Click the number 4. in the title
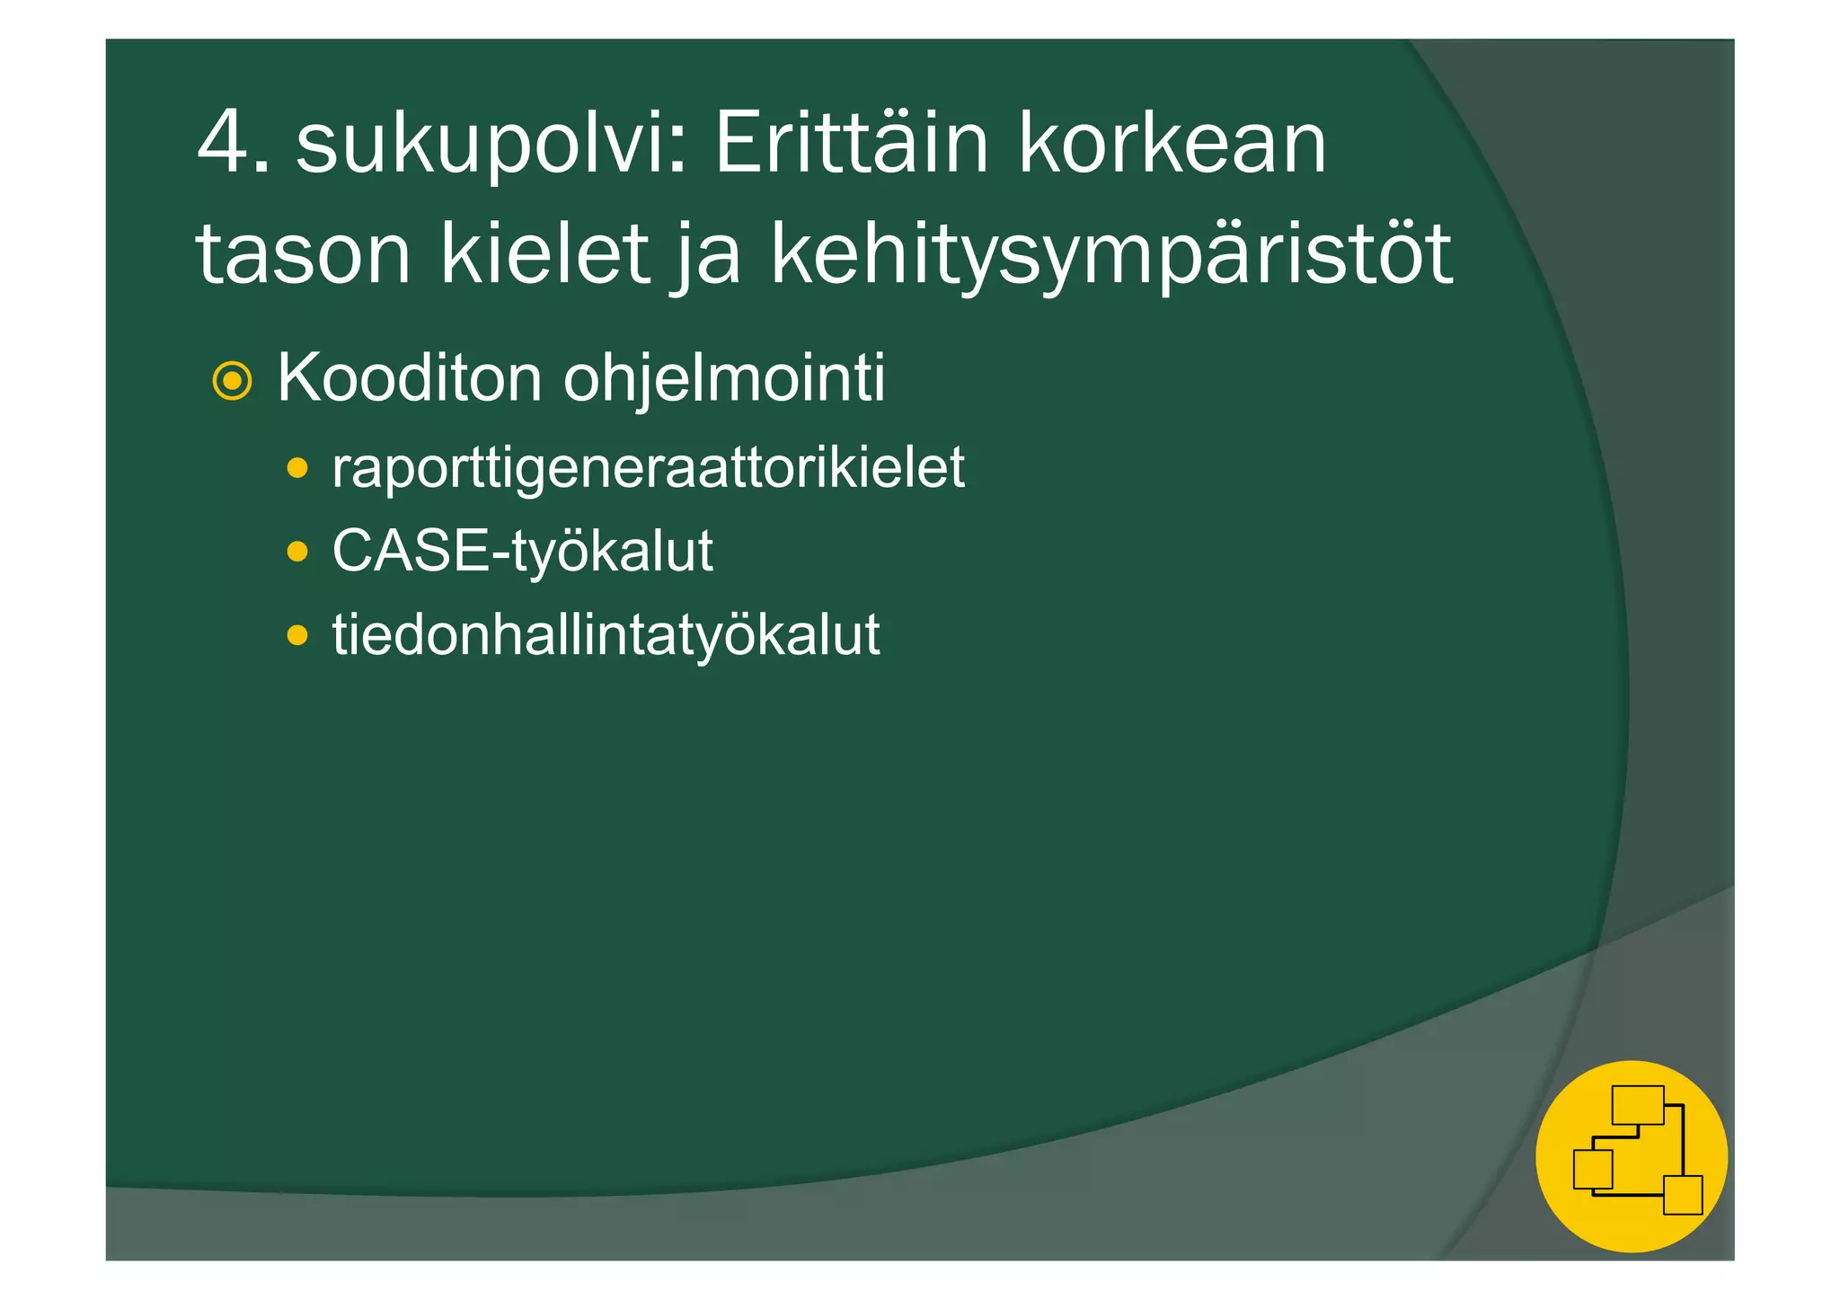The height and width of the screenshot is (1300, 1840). (232, 144)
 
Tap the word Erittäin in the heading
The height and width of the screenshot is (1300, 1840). (851, 144)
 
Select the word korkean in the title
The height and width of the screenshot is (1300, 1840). (1172, 144)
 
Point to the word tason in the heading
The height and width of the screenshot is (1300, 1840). (304, 255)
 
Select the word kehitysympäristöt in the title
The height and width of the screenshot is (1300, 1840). (1110, 256)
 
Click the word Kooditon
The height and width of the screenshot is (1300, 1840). (410, 378)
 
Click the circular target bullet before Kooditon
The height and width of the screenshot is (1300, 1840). (232, 382)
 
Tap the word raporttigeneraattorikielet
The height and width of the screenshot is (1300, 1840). (648, 468)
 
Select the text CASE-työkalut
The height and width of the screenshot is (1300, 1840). (522, 551)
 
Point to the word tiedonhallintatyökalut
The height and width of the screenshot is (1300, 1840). (606, 635)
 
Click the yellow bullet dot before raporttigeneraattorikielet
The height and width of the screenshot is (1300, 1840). (297, 468)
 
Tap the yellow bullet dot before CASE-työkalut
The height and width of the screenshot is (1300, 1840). (297, 552)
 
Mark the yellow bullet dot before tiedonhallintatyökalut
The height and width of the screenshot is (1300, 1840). (297, 636)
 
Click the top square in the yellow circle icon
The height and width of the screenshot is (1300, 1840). (1638, 1105)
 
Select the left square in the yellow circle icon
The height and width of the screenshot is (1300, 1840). (1593, 1169)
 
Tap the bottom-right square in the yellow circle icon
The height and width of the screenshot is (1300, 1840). (1683, 1195)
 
